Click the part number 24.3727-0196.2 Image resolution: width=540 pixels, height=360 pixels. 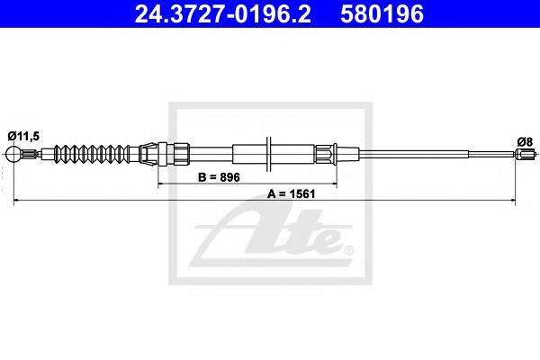[x=222, y=14]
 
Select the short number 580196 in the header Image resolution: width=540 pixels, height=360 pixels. [x=382, y=14]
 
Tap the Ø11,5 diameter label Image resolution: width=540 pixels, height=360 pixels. [x=23, y=137]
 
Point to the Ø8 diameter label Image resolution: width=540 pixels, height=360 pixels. [x=525, y=141]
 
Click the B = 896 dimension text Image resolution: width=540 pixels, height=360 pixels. [x=219, y=177]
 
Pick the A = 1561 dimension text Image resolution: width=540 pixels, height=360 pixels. [x=292, y=194]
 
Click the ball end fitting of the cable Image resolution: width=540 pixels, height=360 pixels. [x=13, y=154]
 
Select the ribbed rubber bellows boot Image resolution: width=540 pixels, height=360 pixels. [x=93, y=154]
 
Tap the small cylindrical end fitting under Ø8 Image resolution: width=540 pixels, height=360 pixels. [x=526, y=154]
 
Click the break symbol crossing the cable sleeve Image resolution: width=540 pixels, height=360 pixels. [x=269, y=154]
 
